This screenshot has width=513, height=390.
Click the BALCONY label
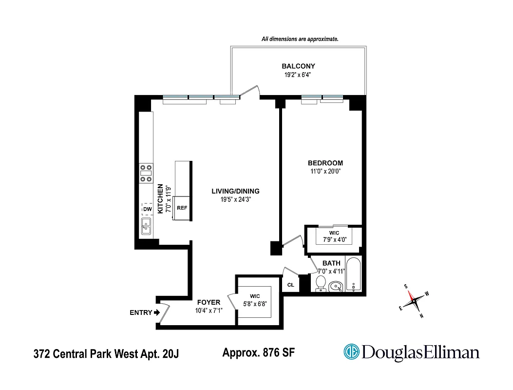coord(298,66)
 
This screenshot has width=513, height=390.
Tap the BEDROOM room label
coord(325,163)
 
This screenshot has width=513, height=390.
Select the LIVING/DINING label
coord(235,191)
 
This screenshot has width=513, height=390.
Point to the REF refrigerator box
coord(182,208)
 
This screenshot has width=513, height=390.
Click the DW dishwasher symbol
coord(147,210)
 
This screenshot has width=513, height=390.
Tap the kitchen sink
coord(146,227)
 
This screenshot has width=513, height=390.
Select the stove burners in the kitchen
coord(145,173)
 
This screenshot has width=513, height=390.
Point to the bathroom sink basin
coord(336,287)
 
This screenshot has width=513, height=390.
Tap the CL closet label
coord(290,285)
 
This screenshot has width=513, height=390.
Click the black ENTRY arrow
coord(157,313)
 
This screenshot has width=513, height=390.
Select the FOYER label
coord(209,302)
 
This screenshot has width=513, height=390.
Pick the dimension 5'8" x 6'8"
coord(255,304)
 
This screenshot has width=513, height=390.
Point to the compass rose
coord(414,301)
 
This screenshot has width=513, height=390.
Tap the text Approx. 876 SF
coord(258,352)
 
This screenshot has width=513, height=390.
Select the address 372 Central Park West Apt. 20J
coord(106,353)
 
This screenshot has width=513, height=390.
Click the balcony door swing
coord(251,92)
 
